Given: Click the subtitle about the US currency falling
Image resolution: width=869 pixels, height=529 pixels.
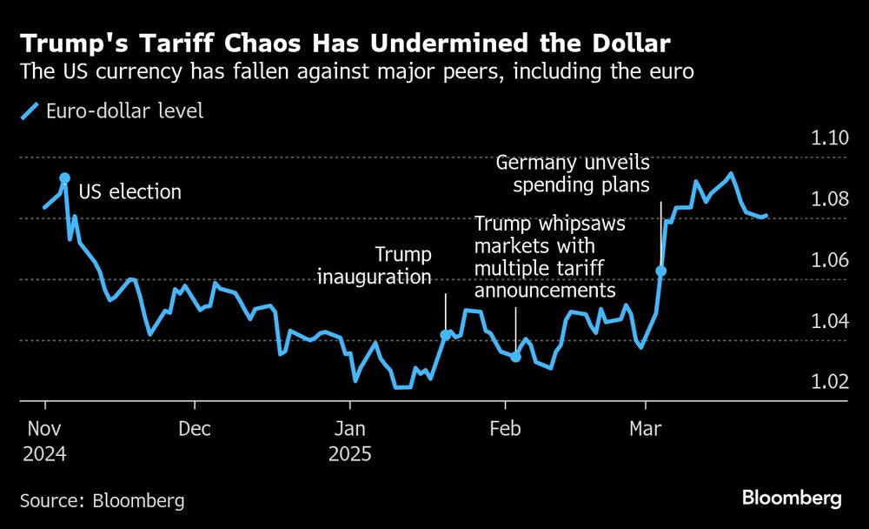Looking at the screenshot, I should tap(356, 72).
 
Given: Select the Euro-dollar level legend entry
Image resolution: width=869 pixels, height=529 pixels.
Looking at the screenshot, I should tap(112, 110).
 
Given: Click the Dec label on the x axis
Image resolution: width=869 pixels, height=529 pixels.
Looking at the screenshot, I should tap(196, 429).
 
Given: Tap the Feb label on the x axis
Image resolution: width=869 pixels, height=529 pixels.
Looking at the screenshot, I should tap(504, 429).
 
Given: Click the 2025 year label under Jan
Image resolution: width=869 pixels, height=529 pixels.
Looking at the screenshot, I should tap(350, 454).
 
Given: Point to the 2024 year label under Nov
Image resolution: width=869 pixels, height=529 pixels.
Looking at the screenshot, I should tap(45, 454).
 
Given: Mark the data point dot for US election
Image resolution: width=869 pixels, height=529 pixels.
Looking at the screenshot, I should tap(64, 178).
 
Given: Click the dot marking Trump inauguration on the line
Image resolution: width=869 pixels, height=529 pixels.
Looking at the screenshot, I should tap(446, 335).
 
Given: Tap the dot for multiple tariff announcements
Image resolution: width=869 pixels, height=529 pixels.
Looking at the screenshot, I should tap(515, 357).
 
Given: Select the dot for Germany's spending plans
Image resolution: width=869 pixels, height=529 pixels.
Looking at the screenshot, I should tap(661, 271).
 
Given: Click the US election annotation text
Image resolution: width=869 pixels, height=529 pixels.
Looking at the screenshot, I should tap(130, 192).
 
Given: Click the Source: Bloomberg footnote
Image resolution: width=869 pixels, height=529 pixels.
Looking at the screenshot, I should tap(102, 500).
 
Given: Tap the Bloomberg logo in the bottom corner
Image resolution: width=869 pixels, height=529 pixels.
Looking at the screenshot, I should tap(792, 499).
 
